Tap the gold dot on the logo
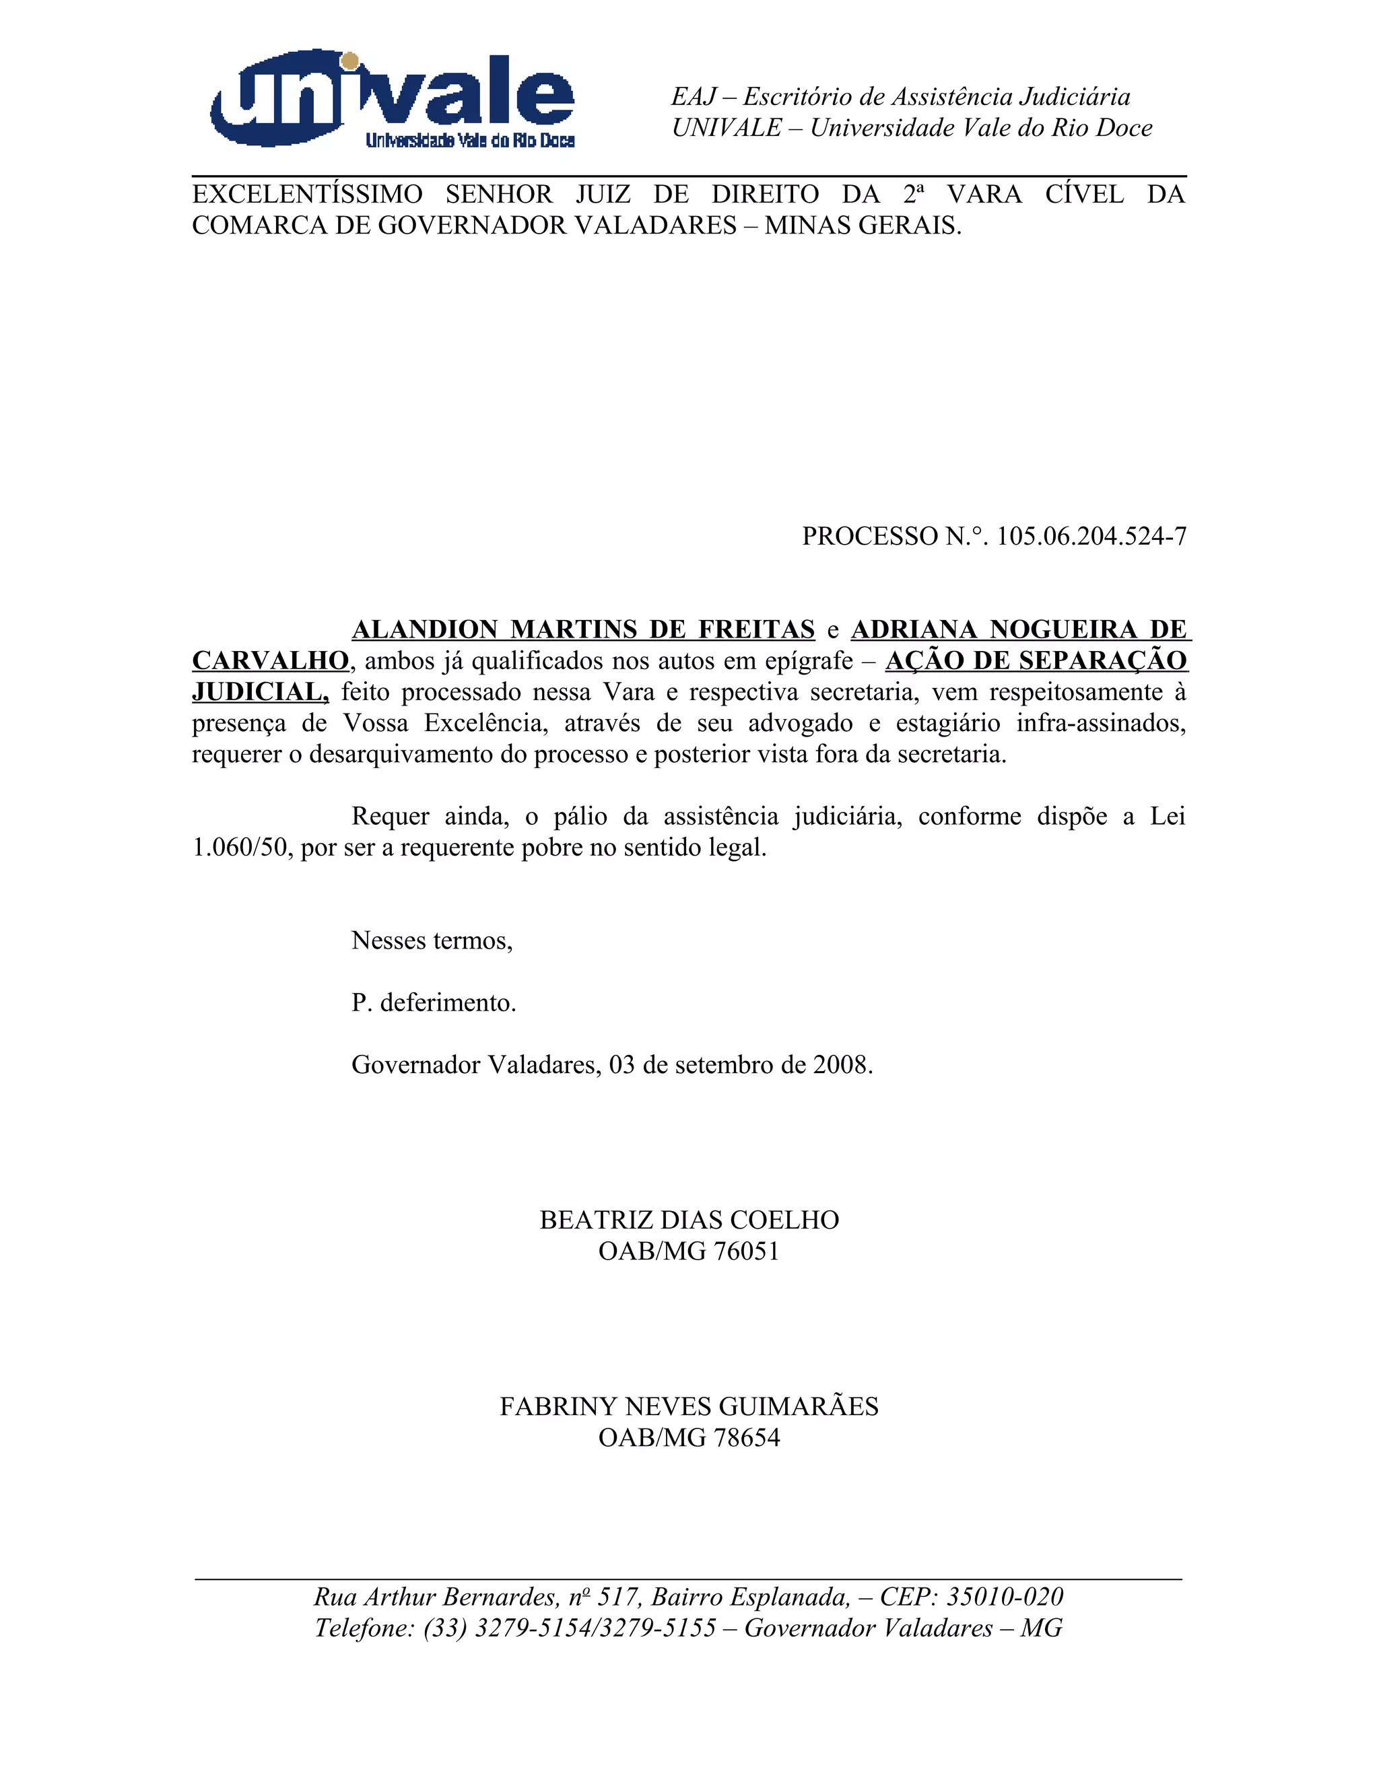[349, 61]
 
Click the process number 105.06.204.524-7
[1091, 537]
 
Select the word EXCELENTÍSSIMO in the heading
[307, 195]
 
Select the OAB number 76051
[746, 1251]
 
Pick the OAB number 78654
[746, 1438]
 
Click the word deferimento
[447, 1003]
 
